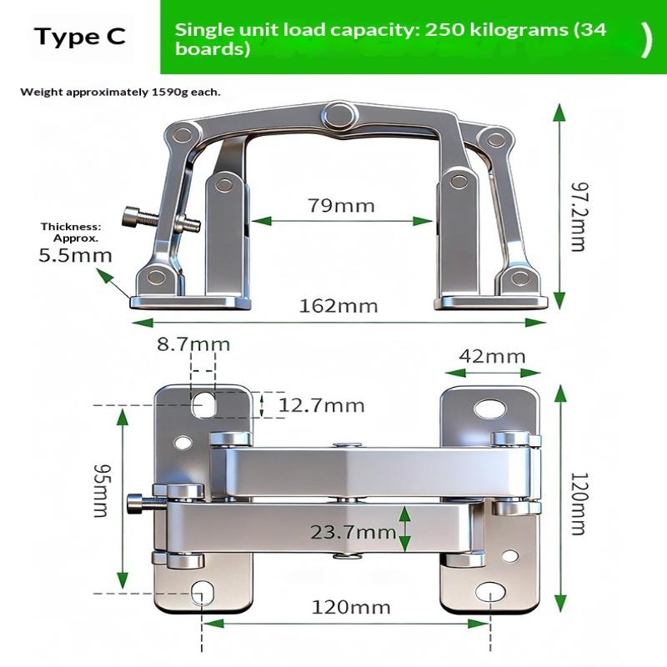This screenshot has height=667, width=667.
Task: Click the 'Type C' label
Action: pos(80,36)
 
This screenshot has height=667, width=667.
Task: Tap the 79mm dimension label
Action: pos(342,206)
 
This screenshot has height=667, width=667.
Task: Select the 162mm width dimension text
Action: pos(339,306)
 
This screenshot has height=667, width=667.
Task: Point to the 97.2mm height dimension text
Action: pos(579,217)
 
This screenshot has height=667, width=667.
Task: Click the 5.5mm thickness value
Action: pos(75,256)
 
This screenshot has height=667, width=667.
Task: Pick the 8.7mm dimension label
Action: pos(193,344)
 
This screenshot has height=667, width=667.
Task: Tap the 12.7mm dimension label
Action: pos(322,405)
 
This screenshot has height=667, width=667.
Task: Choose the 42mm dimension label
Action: pos(492,357)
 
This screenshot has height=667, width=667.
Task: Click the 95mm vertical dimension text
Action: pos(102,490)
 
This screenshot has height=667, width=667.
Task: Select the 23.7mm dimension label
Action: pos(354,532)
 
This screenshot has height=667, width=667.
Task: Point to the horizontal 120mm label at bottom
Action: pos(351,607)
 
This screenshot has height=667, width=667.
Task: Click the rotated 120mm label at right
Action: pos(578,504)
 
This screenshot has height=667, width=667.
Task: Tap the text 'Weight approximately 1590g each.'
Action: pos(120,92)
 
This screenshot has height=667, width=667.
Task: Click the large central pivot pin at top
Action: pos(339,115)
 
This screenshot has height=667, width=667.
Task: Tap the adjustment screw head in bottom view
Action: pos(134,503)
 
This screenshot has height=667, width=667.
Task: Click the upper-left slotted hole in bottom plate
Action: pos(203,404)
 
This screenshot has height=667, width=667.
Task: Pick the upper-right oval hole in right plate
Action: pos(490,409)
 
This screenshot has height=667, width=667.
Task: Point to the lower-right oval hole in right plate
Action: pos(490,592)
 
